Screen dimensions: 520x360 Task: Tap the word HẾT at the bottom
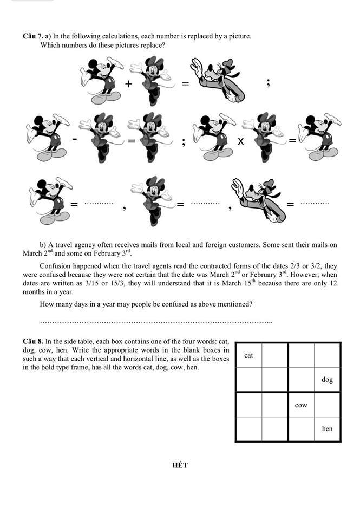pos(180,465)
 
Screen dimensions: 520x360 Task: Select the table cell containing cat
pos(248,355)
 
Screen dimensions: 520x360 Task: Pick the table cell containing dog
pos(327,380)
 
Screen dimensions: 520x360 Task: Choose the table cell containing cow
pos(301,405)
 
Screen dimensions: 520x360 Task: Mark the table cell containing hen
pos(327,429)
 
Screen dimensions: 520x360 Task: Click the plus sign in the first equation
pos(128,84)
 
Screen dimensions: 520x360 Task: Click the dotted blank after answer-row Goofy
pos(315,203)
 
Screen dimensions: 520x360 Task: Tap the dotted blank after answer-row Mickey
pos(99,203)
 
